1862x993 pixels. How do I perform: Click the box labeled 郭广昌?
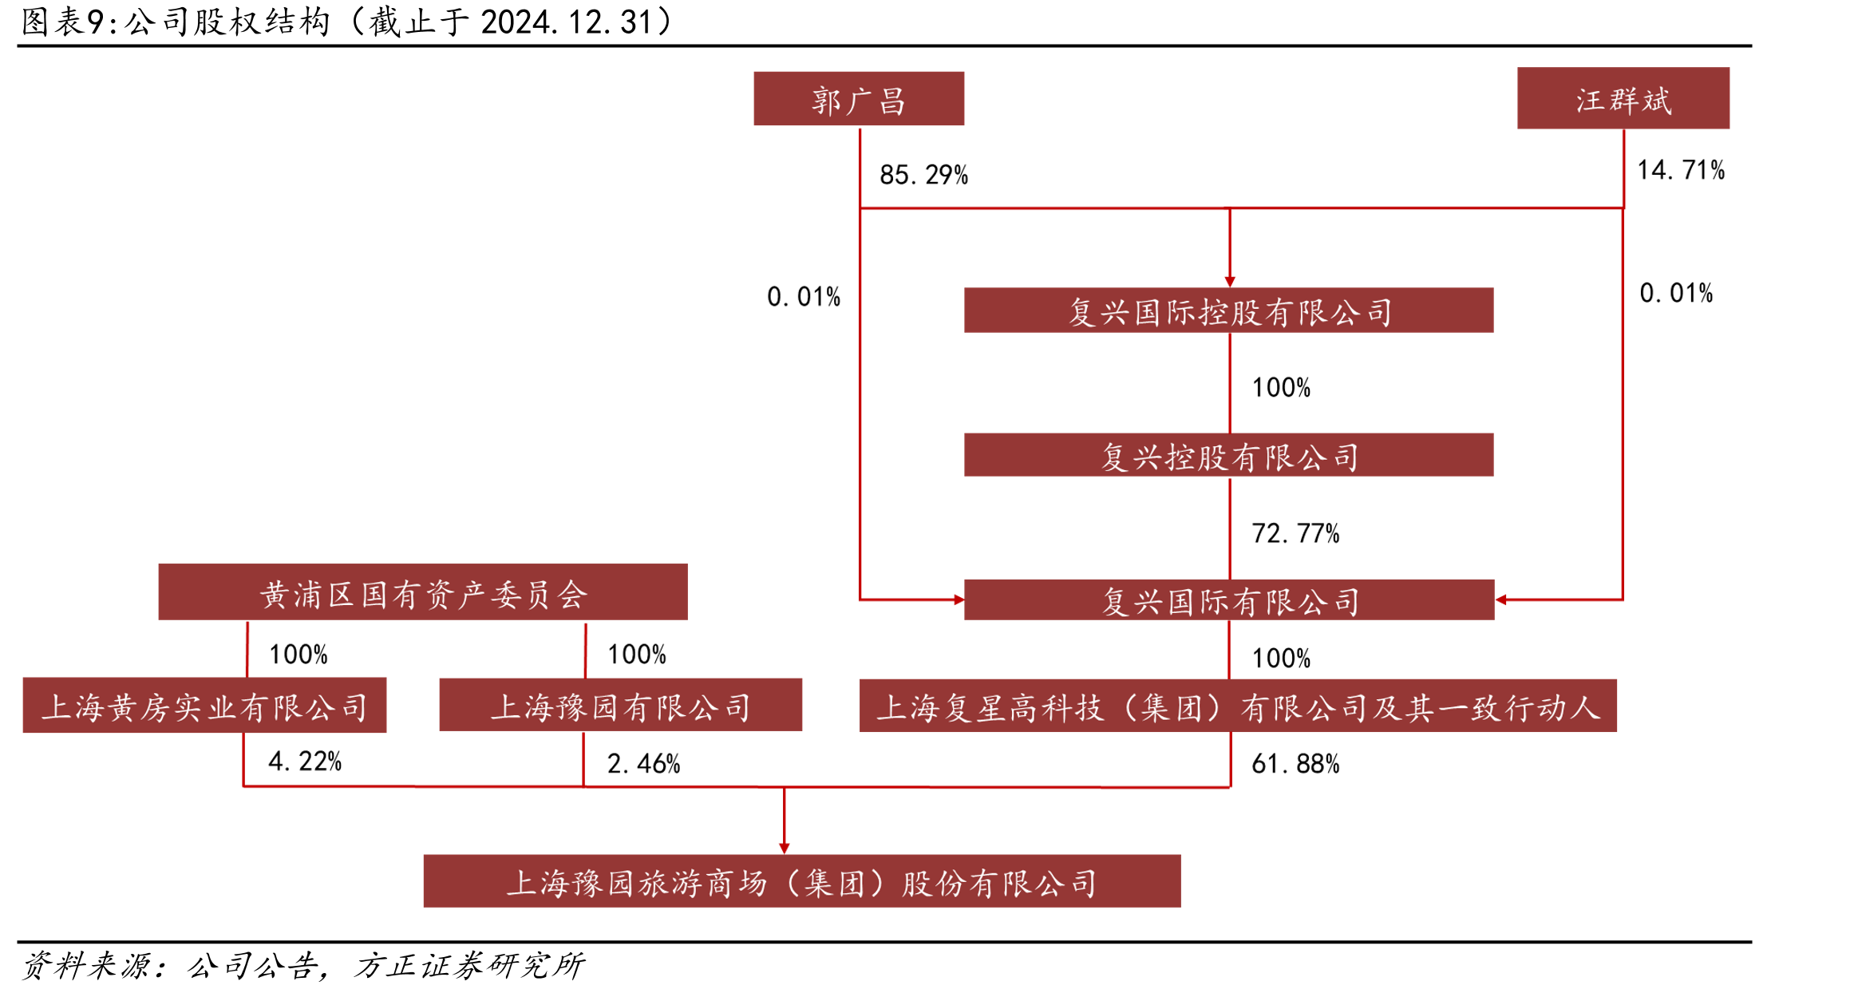859,99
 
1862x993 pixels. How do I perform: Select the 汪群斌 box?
1623,98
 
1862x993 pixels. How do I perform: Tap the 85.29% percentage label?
923,175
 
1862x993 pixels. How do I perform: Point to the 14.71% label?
1681,170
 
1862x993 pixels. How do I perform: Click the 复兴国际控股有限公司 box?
1229,311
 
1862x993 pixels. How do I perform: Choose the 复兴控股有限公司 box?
1229,455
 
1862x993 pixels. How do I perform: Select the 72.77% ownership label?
1295,533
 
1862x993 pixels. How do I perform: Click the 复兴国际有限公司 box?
1229,599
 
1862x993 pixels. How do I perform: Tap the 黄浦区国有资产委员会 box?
423,592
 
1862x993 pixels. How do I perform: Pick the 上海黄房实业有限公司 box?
204,706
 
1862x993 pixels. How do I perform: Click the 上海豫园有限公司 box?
620,705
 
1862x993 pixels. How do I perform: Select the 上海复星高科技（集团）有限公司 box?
1238,706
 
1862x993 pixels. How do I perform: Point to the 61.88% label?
1295,764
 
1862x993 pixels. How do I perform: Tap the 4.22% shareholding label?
305,762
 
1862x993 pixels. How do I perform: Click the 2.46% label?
643,764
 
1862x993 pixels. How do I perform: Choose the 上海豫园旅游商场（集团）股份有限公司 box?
802,881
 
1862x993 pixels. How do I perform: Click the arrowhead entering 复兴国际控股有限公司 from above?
1230,282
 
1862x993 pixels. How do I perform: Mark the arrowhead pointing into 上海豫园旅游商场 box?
785,849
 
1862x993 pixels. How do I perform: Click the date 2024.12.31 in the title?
567,22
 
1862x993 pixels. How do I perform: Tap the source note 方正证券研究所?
469,966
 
